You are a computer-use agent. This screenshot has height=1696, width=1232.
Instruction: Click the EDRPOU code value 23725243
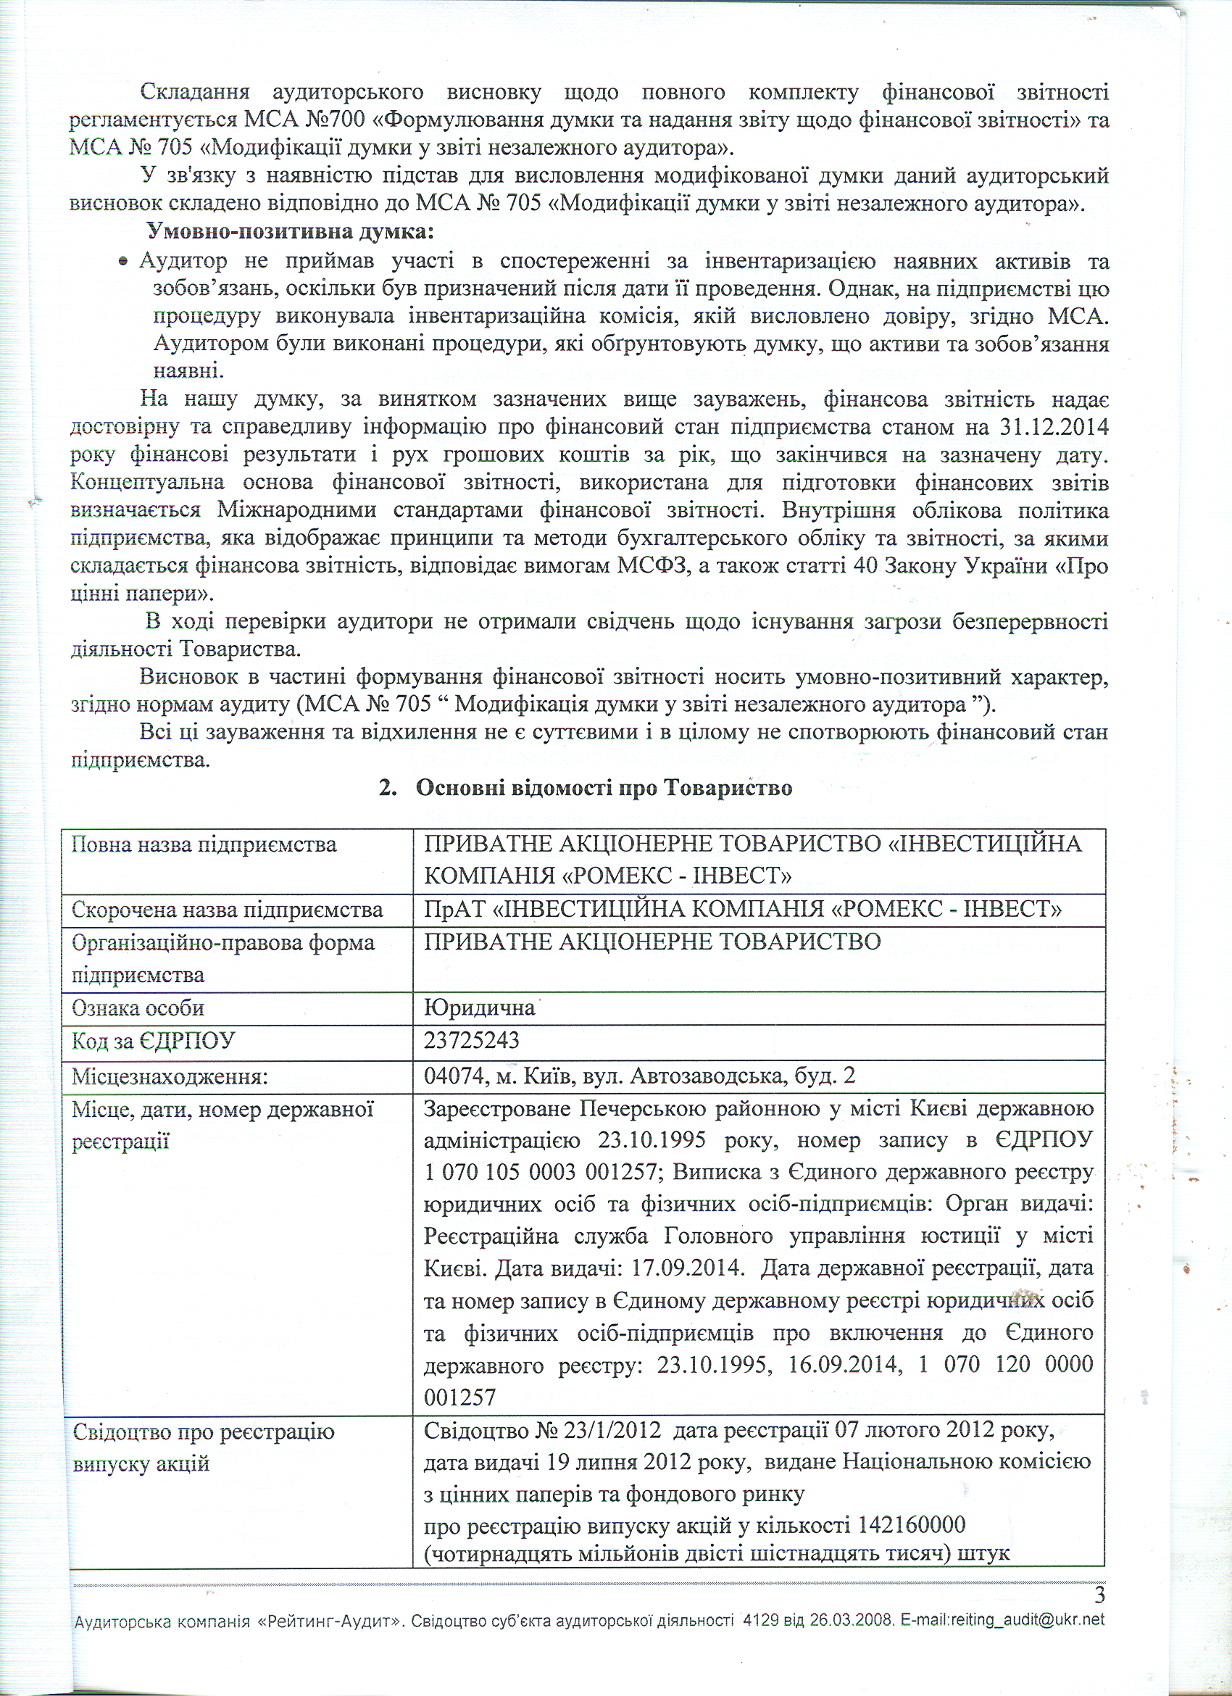click(471, 1040)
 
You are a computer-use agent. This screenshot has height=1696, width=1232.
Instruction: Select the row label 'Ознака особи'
click(138, 1008)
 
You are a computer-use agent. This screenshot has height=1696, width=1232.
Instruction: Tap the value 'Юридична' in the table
click(479, 1008)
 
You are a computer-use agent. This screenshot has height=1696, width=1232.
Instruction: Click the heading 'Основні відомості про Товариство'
click(603, 788)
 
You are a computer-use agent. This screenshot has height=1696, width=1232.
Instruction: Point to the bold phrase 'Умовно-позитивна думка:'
click(290, 231)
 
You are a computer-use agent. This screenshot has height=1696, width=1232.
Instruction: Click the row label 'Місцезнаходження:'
click(170, 1077)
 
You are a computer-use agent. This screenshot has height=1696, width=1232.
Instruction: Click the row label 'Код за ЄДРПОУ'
click(153, 1041)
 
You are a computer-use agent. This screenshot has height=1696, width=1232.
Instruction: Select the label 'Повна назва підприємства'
click(204, 845)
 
